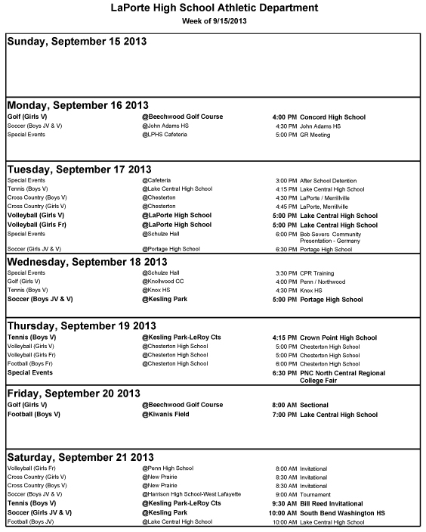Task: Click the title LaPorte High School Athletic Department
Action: tap(214, 8)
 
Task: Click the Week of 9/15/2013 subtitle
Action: tap(214, 20)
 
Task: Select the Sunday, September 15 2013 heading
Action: tap(76, 42)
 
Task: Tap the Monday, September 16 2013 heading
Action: tap(78, 105)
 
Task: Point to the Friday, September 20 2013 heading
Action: tap(73, 393)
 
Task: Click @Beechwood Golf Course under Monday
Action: tap(182, 117)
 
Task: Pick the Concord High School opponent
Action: tap(332, 117)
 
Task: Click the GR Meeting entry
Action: tap(315, 135)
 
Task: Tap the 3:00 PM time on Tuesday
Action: tap(286, 181)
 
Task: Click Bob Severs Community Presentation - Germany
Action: tap(331, 237)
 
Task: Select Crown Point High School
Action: tap(338, 338)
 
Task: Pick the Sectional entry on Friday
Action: tap(314, 405)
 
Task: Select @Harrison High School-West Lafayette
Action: tap(192, 493)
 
